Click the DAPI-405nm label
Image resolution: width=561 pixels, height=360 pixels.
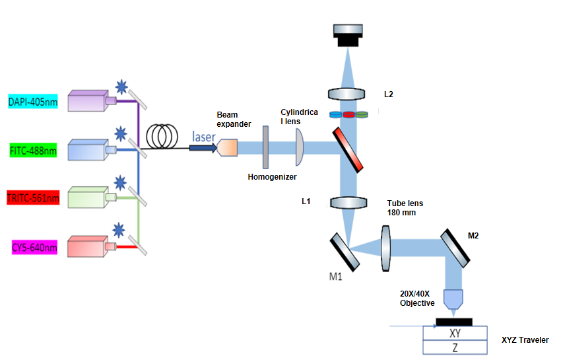coord(32,102)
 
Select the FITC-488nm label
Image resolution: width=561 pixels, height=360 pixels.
coord(33,151)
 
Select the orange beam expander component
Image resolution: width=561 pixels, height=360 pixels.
coord(226,147)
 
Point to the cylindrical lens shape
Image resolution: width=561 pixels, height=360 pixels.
coord(299,147)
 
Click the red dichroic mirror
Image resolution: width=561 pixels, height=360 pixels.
coord(348,149)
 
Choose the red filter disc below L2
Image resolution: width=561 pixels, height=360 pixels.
coord(348,114)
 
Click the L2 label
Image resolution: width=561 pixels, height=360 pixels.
coord(389,94)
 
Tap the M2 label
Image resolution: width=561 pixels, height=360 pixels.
coord(473,234)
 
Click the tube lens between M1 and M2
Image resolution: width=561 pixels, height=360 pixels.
coord(386,248)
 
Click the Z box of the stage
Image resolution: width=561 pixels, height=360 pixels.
coord(455,347)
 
